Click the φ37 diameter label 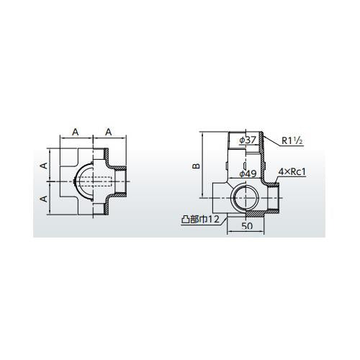pos(248,140)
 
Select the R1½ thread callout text pos(292,141)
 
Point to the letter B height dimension pos(196,166)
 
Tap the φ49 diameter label pos(248,174)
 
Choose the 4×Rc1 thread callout pos(292,172)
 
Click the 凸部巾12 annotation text pos(200,220)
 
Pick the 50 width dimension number pos(247,226)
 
